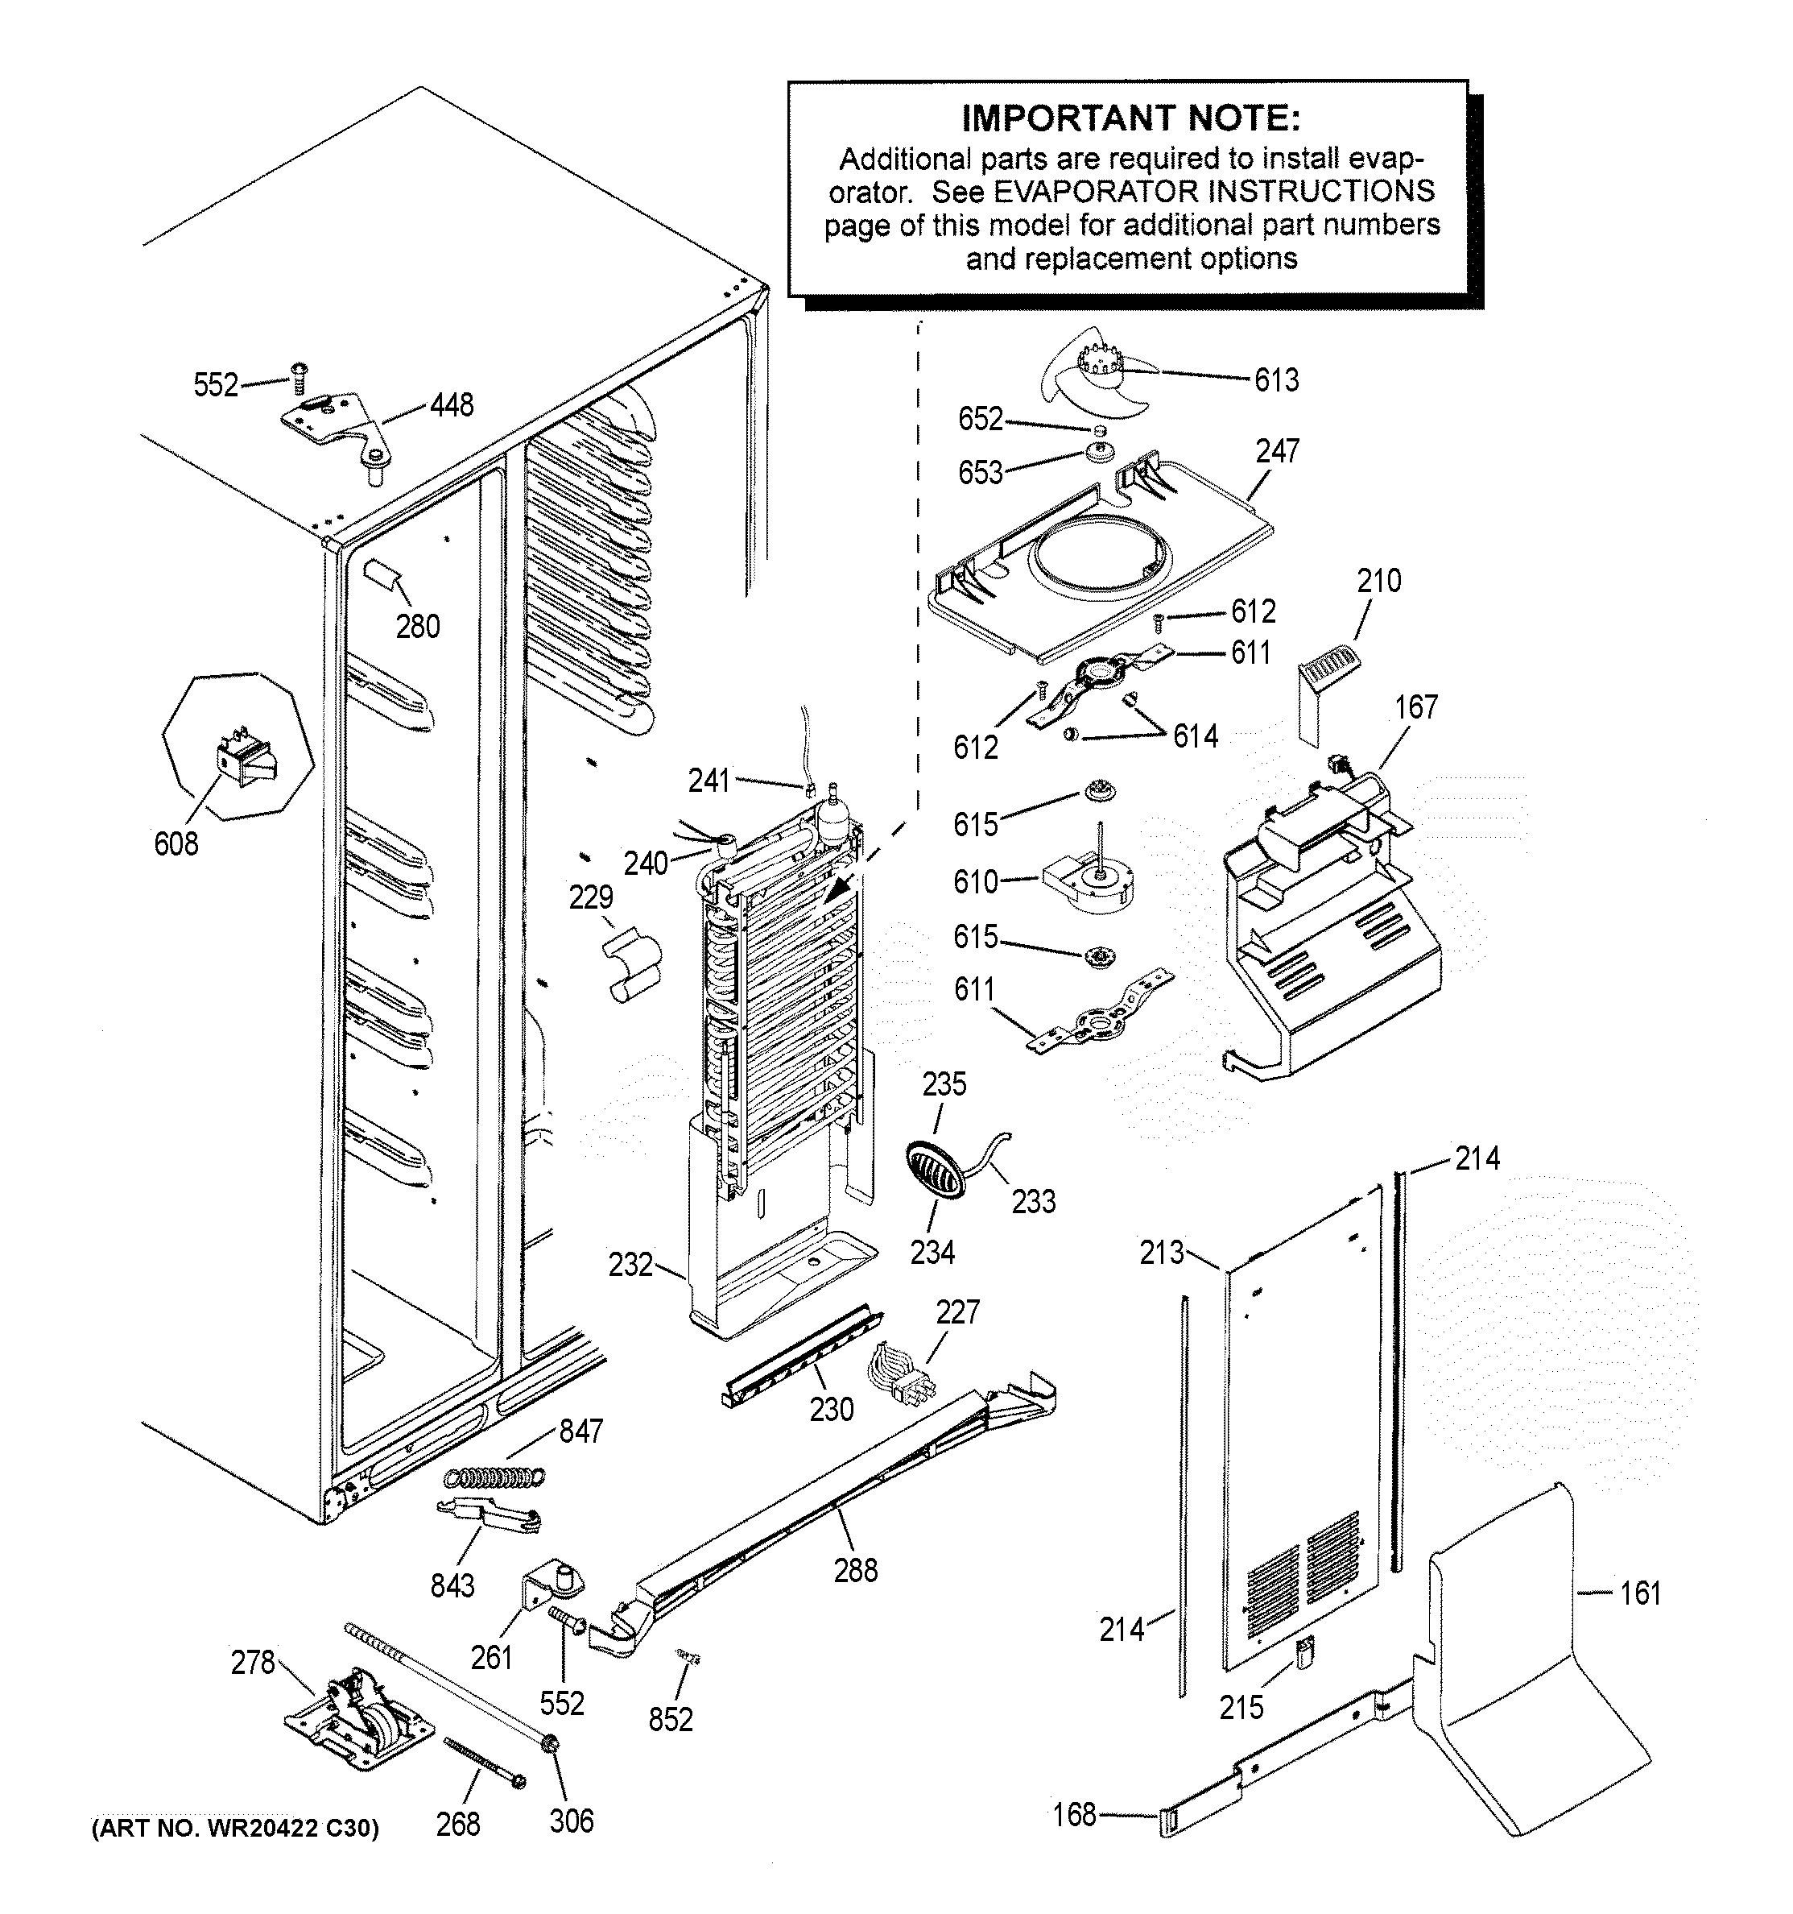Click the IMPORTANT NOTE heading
[1131, 118]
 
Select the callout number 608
[176, 843]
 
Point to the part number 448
[452, 404]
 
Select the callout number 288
[856, 1570]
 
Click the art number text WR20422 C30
[235, 1827]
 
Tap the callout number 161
[1640, 1593]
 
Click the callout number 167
[1415, 706]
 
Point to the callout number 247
[1277, 450]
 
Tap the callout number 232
[630, 1264]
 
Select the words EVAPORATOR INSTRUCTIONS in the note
[1213, 191]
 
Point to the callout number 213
[1162, 1253]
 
